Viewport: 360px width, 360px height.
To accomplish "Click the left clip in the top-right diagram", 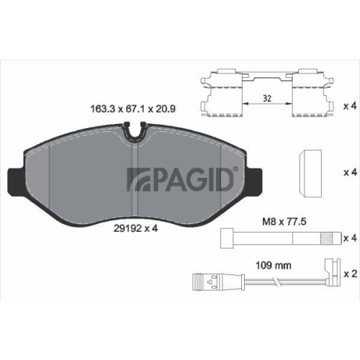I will (x=224, y=94).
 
